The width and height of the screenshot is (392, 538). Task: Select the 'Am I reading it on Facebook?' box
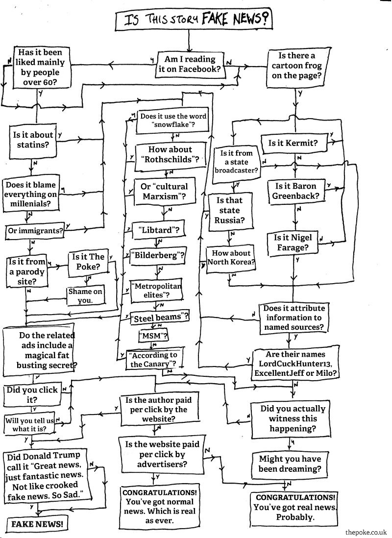click(190, 64)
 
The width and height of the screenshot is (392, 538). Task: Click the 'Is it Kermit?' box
click(293, 144)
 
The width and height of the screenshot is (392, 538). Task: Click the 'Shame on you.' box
click(86, 296)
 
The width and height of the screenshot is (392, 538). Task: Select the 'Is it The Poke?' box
click(88, 262)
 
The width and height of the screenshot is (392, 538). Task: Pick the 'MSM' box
click(154, 336)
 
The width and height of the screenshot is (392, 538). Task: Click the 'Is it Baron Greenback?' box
click(295, 191)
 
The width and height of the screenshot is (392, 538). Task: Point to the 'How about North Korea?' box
click(231, 258)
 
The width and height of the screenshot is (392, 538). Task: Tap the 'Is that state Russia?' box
click(229, 210)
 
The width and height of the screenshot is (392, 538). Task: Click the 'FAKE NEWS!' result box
click(37, 523)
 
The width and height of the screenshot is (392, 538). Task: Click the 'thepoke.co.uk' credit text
click(366, 532)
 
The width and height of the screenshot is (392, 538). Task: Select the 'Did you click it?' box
click(32, 394)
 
